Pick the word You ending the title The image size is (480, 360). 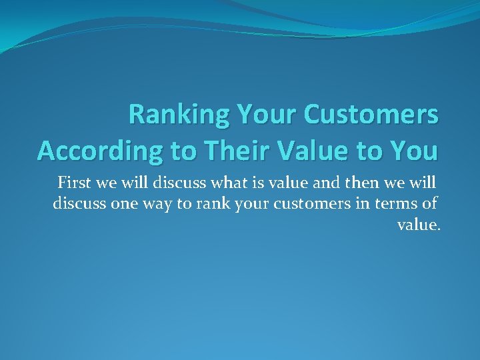coord(412,151)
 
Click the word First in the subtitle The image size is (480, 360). coord(75,182)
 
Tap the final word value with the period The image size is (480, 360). coord(419,225)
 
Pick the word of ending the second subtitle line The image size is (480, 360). coord(431,203)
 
